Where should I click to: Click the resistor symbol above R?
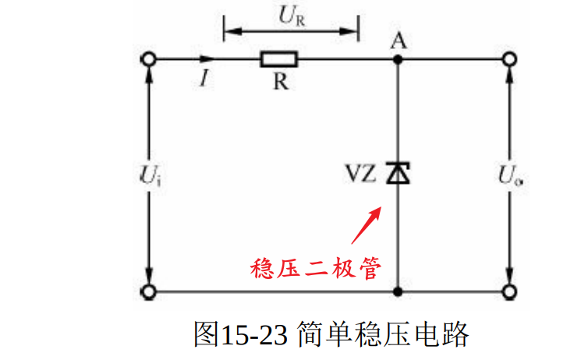click(278, 59)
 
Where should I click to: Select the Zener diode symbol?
click(399, 173)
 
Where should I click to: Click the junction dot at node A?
click(399, 59)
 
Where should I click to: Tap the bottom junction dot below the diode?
click(399, 291)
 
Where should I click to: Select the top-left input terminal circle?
click(147, 59)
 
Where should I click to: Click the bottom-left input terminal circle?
click(147, 291)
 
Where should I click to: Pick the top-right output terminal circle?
click(510, 59)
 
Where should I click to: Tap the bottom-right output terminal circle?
click(510, 291)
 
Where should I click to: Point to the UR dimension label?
click(290, 15)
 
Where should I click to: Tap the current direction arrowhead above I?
click(206, 59)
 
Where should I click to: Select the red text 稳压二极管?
click(315, 267)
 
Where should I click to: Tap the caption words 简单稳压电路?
click(383, 334)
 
